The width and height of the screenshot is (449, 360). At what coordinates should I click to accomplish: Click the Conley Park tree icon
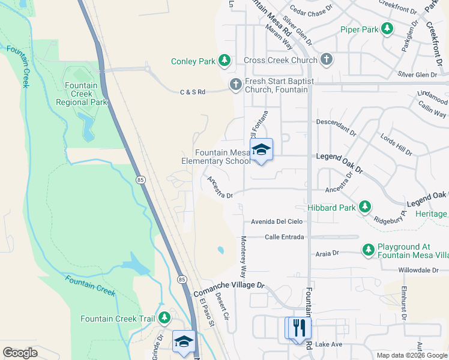coord(224,60)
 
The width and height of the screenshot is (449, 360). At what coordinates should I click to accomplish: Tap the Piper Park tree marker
coord(388,28)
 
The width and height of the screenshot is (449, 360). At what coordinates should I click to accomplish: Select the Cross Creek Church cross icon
coord(326,60)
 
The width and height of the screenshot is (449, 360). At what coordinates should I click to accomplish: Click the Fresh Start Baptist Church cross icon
coord(236,85)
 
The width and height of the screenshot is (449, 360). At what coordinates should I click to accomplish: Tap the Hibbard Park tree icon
coord(364,207)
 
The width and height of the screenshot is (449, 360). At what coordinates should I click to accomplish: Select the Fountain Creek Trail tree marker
coord(163,319)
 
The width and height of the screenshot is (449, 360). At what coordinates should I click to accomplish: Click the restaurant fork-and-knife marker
coord(298,328)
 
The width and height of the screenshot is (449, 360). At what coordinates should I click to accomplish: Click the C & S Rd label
coord(193,92)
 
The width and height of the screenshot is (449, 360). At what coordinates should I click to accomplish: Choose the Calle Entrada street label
coord(284,237)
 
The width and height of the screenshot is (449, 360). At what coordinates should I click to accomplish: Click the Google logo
coord(20,352)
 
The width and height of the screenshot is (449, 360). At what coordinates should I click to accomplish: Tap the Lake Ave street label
coord(328,344)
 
